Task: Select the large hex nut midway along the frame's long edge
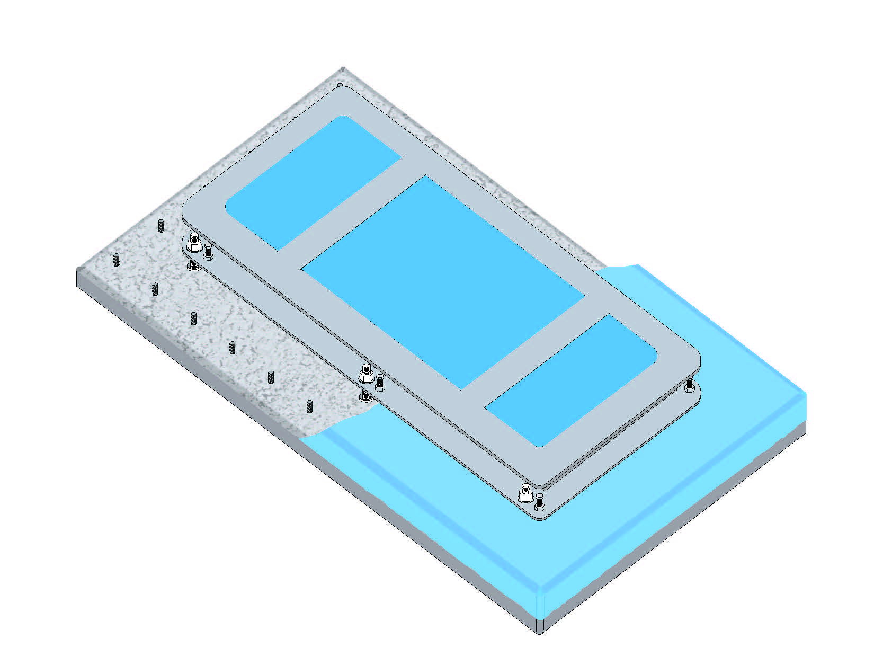pyautogui.click(x=365, y=375)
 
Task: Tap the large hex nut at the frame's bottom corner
pyautogui.click(x=525, y=495)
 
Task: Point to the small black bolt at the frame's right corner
pyautogui.click(x=689, y=384)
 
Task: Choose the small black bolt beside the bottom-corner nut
pyautogui.click(x=539, y=501)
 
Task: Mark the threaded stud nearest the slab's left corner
pyautogui.click(x=117, y=260)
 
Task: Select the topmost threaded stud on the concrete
pyautogui.click(x=161, y=226)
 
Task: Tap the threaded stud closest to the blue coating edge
pyautogui.click(x=309, y=406)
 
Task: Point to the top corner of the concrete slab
pyautogui.click(x=343, y=69)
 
